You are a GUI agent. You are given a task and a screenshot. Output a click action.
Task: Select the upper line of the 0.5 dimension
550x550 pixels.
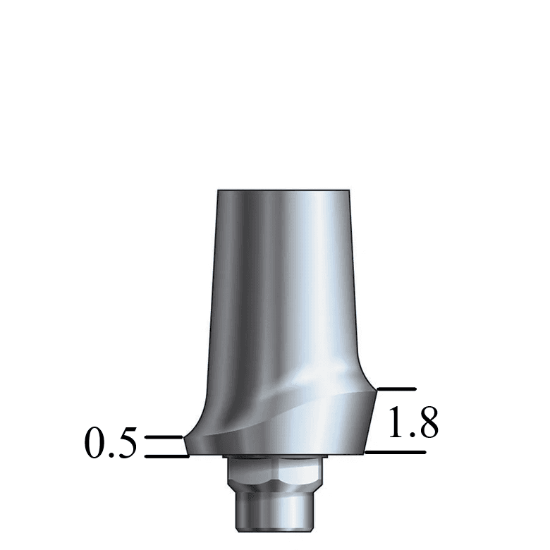[164, 437]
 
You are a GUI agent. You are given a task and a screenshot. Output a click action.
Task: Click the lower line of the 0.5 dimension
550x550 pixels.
[167, 456]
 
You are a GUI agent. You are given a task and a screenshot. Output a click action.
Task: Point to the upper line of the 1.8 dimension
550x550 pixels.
[397, 389]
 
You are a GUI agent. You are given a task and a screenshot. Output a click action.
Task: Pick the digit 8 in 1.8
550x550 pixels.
[426, 423]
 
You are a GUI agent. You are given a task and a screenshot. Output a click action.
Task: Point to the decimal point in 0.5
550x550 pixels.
[111, 456]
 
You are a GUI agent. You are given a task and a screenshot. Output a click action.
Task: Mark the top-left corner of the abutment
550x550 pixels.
[218, 190]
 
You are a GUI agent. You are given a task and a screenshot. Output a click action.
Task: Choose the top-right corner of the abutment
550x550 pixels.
[349, 190]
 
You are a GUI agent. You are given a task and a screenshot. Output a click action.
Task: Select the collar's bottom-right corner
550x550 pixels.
[364, 453]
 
